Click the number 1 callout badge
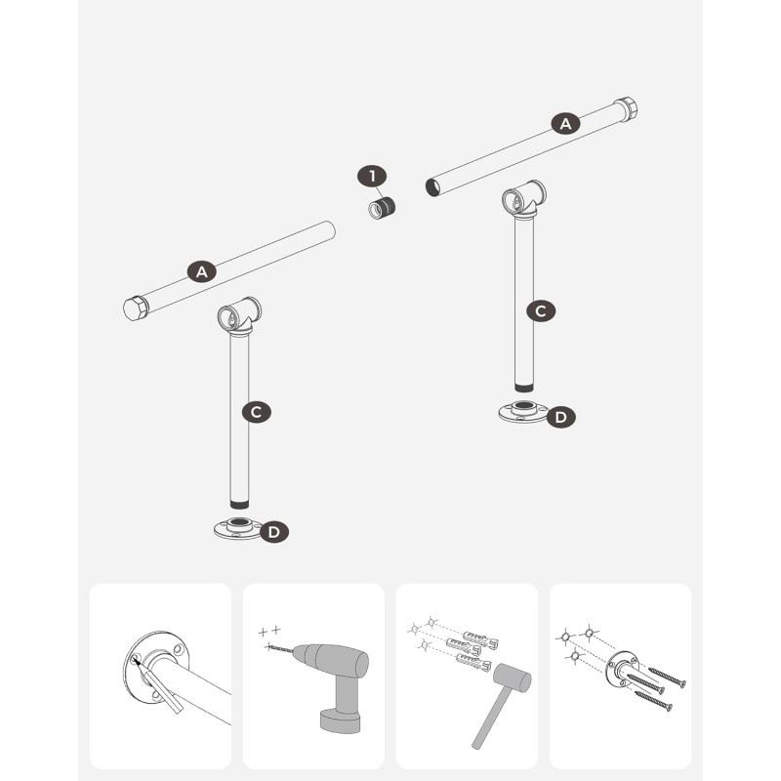[372, 176]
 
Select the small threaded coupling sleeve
[382, 208]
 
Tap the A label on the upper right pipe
[565, 124]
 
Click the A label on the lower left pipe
[202, 271]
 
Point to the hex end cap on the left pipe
[136, 308]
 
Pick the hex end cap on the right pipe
[626, 109]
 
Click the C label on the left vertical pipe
[257, 412]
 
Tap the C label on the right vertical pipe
[541, 310]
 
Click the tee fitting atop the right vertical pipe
[524, 199]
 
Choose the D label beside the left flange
[274, 532]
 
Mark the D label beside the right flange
[560, 417]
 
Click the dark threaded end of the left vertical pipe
[239, 504]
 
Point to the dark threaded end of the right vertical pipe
[524, 388]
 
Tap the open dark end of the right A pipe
[432, 187]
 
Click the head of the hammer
[512, 678]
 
